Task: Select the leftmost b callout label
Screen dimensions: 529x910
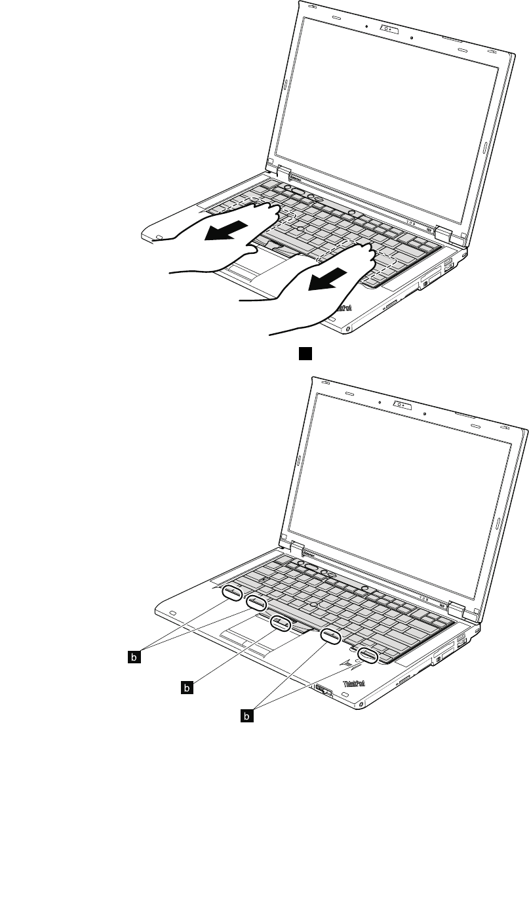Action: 134,655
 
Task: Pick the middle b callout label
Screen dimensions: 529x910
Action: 188,687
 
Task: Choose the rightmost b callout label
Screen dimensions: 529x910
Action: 246,717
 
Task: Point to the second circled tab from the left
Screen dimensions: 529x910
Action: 256,602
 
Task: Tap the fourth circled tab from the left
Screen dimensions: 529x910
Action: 330,634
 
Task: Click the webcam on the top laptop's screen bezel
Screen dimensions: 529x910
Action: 388,29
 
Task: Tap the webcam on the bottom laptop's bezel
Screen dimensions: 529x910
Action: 401,404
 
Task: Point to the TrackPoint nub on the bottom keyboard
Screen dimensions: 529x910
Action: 315,603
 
